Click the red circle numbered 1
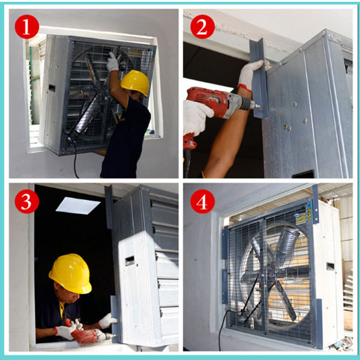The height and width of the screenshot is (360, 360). click(x=27, y=27)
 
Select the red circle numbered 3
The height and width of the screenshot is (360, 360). click(x=27, y=201)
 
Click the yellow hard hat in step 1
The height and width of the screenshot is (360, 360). click(x=135, y=82)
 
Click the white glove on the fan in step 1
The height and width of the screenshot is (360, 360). click(x=113, y=62)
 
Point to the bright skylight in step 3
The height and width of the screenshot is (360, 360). click(x=78, y=205)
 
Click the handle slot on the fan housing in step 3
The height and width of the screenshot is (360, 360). click(x=130, y=261)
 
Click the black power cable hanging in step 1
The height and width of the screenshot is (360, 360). click(x=75, y=159)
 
